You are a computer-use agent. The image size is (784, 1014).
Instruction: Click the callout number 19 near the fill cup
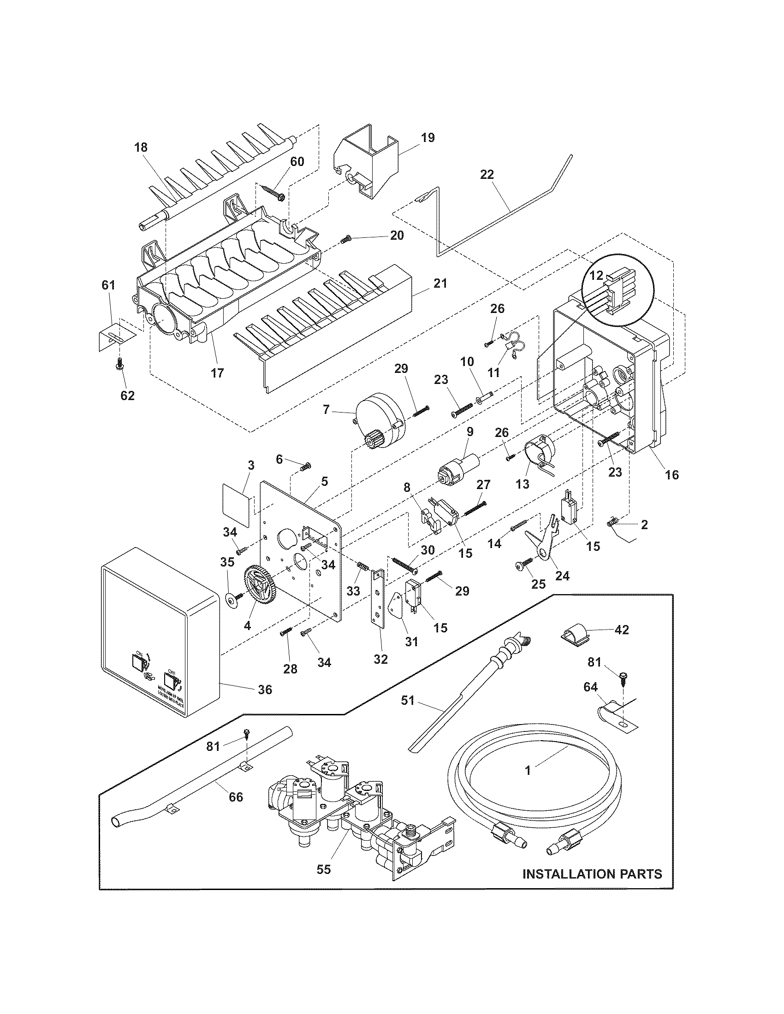[428, 138]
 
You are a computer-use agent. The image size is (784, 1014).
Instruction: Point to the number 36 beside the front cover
[265, 690]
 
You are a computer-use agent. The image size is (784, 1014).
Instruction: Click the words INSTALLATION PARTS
[592, 874]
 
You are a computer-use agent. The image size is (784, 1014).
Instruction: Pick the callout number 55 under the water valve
[324, 869]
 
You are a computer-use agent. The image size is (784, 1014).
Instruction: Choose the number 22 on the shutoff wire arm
[487, 175]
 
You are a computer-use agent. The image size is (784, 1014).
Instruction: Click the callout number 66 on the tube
[236, 797]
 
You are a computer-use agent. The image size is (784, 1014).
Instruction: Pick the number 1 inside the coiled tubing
[528, 771]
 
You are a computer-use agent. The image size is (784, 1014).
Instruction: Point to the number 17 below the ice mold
[217, 372]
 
